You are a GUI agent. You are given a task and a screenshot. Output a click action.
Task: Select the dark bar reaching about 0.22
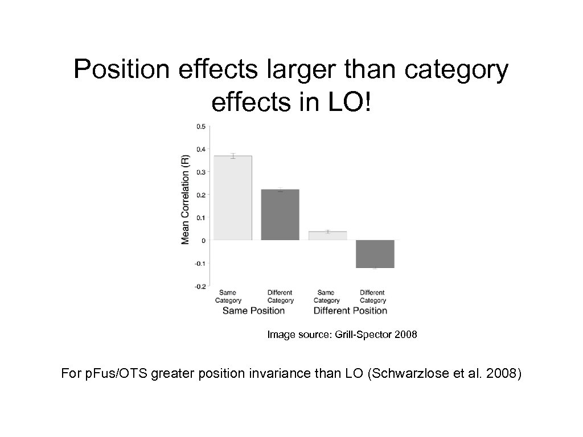[280, 215]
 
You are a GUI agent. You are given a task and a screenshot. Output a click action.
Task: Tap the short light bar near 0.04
[327, 236]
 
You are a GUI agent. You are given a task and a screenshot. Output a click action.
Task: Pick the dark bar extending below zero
[375, 254]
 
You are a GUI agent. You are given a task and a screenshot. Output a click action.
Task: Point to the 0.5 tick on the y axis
[201, 126]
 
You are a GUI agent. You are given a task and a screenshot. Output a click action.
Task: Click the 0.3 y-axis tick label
[201, 172]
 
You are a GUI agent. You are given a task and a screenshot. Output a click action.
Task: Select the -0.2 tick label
[200, 287]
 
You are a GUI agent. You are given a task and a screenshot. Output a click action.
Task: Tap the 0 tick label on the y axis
[203, 241]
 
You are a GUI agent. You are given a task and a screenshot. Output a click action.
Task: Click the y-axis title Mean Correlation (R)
[185, 199]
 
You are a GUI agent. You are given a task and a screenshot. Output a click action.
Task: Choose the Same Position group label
[253, 311]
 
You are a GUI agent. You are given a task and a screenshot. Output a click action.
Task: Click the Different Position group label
[350, 311]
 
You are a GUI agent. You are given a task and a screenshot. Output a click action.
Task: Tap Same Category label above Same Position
[228, 296]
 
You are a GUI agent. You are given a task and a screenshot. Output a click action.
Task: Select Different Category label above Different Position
[373, 296]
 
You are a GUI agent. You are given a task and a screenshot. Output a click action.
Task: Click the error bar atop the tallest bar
[232, 156]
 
